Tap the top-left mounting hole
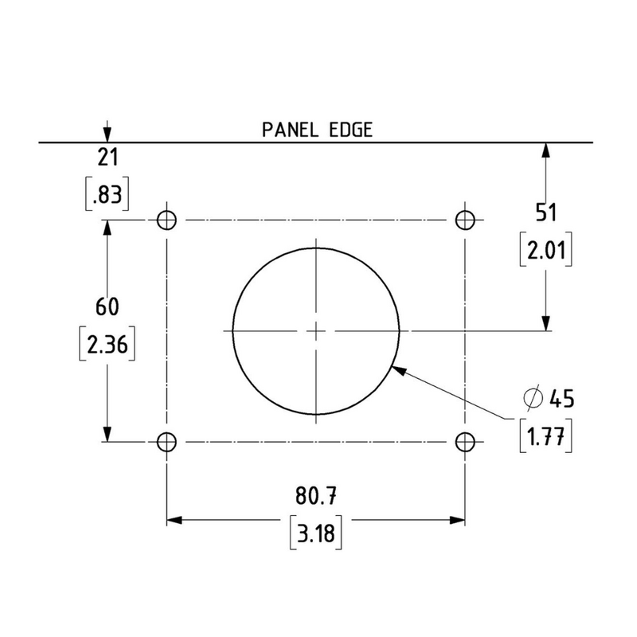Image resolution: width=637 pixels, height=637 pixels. point(166,220)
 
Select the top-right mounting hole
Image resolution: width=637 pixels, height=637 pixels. point(465,220)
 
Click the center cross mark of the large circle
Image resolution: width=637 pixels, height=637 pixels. point(316,330)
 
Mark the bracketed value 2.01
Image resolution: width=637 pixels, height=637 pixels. point(545,252)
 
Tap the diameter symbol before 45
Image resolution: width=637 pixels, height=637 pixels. point(533,397)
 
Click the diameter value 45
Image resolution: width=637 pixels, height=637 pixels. point(561,397)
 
